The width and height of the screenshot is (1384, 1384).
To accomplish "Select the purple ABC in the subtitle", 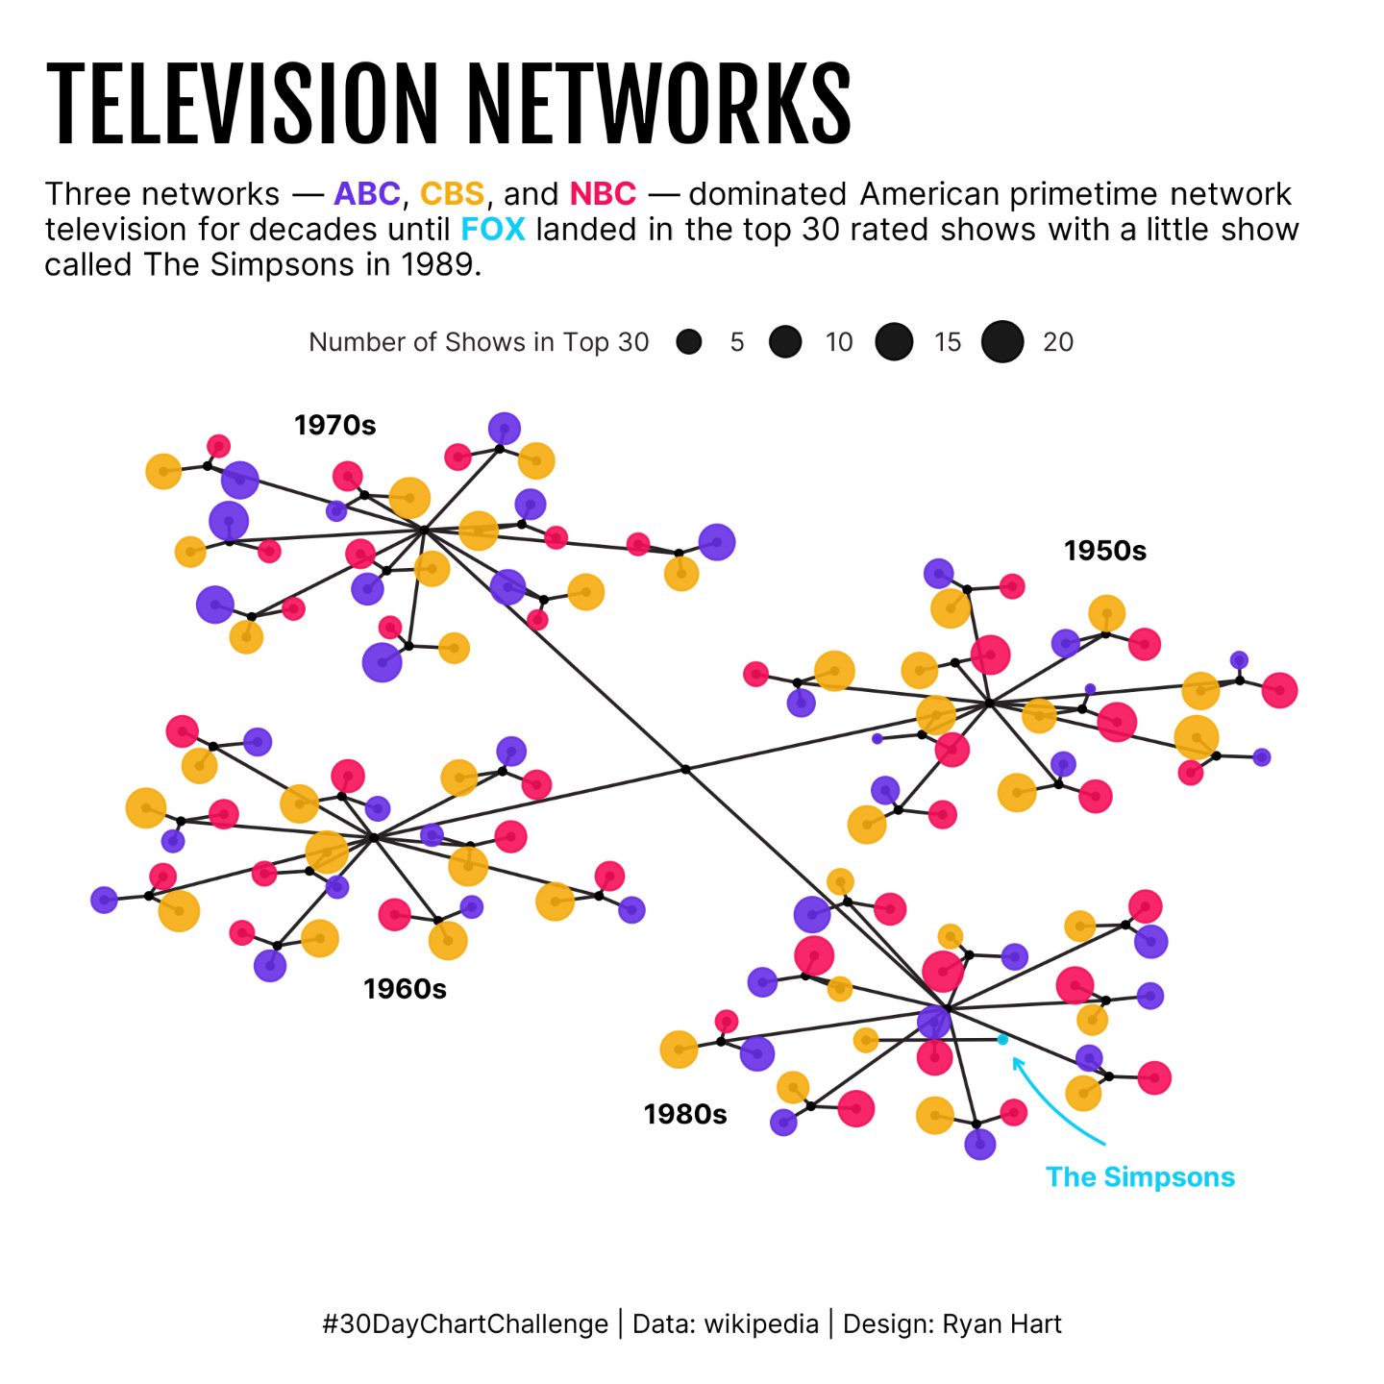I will [x=366, y=194].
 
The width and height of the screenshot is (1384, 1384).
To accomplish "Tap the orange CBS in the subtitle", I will [x=452, y=194].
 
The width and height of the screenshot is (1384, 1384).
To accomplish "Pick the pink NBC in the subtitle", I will [x=603, y=194].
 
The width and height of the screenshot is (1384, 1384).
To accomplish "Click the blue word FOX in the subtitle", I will [x=493, y=230].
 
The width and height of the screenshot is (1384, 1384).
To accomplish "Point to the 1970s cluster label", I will [x=334, y=425].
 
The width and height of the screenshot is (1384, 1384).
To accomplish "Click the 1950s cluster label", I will [x=1105, y=551].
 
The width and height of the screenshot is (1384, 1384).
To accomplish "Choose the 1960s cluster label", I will [x=405, y=989].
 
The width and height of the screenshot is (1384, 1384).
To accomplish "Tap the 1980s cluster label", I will [x=685, y=1114].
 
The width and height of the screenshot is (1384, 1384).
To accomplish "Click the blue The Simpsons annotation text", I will [x=1140, y=1177].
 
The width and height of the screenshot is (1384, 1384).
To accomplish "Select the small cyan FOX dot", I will [x=1002, y=1040].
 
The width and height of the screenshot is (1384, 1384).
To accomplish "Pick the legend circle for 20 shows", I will [x=1002, y=342].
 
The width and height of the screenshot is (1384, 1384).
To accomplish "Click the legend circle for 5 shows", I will [x=689, y=342].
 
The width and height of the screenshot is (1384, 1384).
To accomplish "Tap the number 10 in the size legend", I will [x=839, y=342].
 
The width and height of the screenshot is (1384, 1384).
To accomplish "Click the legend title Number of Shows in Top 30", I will [x=479, y=342].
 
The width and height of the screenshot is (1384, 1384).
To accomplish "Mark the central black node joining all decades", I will [x=685, y=769].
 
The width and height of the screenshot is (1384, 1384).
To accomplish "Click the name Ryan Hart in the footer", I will [x=1001, y=1324].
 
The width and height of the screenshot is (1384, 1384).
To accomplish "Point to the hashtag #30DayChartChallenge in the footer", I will [x=465, y=1324].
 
